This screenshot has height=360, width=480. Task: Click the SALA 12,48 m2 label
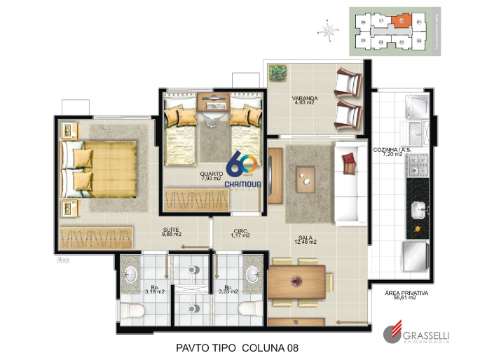pyautogui.click(x=306, y=240)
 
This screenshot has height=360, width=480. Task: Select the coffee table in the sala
pyautogui.click(x=306, y=178)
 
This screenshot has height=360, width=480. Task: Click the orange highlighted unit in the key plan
pyautogui.click(x=400, y=21)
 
